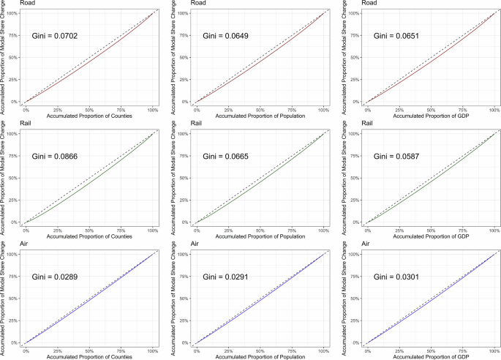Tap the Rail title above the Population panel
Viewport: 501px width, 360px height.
coord(180,124)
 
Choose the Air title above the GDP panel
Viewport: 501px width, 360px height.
coord(351,244)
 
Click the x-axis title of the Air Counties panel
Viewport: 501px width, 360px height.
coord(88,356)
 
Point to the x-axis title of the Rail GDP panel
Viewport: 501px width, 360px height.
coord(432,236)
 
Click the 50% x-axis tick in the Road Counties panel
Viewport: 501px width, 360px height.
coord(88,109)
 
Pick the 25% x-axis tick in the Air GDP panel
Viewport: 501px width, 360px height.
coord(399,350)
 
